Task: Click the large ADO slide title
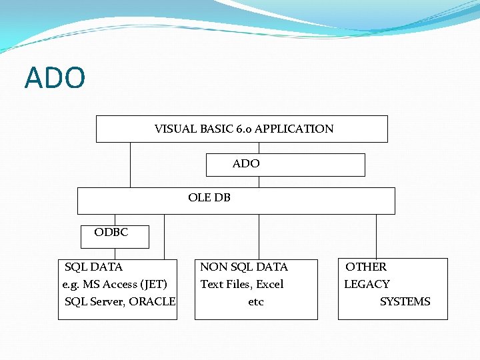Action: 55,78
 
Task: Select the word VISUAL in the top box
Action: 175,129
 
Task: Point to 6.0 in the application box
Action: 243,129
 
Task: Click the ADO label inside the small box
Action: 246,163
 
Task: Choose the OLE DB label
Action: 209,197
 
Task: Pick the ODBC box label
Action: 111,233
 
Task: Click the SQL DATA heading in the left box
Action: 93,267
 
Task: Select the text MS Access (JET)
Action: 124,284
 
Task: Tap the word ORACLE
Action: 152,301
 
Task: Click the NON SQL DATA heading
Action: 244,267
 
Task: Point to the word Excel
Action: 269,284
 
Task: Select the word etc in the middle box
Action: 255,301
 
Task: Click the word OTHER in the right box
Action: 365,267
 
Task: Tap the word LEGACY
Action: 367,284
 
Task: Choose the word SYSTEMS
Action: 405,301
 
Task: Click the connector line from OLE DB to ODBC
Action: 115,220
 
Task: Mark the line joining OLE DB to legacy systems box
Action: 376,236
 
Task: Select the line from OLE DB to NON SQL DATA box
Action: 259,236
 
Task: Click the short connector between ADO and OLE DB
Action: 259,181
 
